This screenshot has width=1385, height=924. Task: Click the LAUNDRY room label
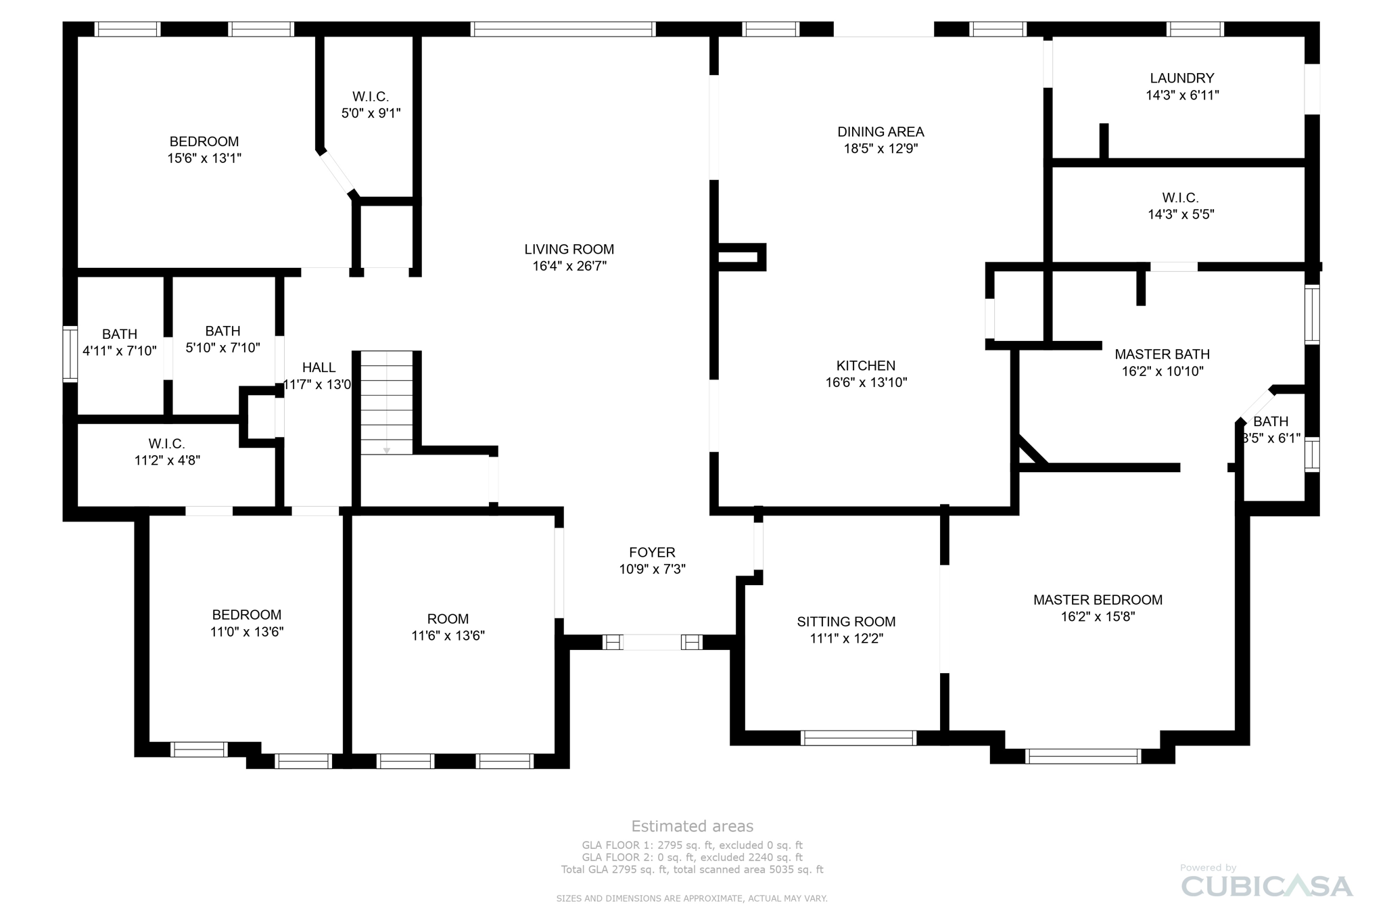[1181, 78]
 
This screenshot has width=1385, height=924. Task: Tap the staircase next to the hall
[386, 402]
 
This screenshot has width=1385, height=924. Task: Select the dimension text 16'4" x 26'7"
[569, 267]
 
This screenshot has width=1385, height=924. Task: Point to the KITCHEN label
[865, 366]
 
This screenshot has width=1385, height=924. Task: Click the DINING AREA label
[880, 132]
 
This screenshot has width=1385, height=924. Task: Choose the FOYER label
[652, 553]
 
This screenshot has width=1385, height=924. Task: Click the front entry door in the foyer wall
[651, 642]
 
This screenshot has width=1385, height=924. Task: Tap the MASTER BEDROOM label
[1097, 600]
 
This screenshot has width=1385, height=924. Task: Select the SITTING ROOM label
[845, 622]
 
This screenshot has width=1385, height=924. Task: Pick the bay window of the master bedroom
[1083, 756]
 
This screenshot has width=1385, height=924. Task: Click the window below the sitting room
[858, 738]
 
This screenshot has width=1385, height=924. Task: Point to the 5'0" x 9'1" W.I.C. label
[371, 97]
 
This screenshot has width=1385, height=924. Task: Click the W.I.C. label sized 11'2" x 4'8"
[166, 444]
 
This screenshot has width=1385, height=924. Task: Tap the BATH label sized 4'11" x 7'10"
[120, 334]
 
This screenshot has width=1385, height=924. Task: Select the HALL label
[319, 368]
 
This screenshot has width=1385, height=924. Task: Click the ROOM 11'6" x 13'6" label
[448, 619]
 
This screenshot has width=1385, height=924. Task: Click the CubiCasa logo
[1266, 886]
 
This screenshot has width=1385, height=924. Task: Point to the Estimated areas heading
[692, 826]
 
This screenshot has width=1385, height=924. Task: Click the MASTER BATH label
[1161, 354]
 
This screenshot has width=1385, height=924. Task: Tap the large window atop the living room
[562, 29]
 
